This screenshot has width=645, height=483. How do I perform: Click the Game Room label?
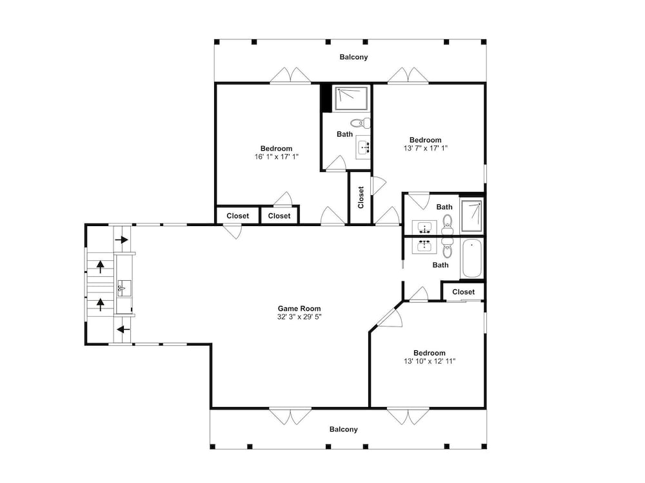pos(299,308)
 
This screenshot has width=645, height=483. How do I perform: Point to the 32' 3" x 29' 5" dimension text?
pos(299,317)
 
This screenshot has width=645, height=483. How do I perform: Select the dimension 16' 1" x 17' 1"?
pos(277,156)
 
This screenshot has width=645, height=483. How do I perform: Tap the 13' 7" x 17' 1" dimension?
pos(425,148)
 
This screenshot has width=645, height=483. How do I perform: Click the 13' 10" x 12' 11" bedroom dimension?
pos(430,361)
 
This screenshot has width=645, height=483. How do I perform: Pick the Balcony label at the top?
pos(353,57)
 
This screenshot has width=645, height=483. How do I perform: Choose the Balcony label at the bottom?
pos(344,429)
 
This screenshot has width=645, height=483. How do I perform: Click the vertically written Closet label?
pos(361,198)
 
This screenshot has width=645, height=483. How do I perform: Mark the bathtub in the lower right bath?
pos(471,259)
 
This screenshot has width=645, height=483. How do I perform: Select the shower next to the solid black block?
pos(351,98)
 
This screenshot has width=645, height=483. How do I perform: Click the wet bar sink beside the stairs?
pos(124,288)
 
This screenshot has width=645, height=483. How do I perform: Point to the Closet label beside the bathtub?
pos(463,292)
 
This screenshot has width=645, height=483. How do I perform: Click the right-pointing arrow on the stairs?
pos(122,240)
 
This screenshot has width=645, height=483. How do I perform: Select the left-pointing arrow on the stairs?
pos(123,329)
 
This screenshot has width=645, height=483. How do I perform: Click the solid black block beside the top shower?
pos(326,98)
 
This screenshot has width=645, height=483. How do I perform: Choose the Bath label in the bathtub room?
pos(440,265)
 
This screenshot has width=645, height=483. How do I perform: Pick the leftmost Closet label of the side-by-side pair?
pos(238,216)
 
